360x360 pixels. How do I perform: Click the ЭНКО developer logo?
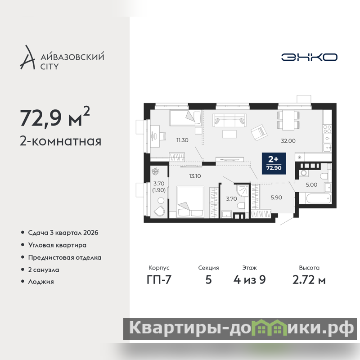pos(309,57)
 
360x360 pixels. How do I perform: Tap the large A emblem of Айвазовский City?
pos(28,58)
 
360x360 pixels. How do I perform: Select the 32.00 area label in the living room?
pos(288,141)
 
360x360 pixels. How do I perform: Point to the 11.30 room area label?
pos(182,140)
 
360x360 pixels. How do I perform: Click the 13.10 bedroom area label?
pos(195,176)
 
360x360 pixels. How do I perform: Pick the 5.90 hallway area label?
pos(276,198)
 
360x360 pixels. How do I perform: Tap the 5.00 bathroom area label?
pos(311,184)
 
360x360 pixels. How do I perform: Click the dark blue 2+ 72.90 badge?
pos(274,163)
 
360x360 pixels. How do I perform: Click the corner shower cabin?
pos(243,190)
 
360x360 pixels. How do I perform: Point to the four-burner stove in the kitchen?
pos(327,129)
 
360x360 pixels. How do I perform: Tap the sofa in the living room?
pos(229,121)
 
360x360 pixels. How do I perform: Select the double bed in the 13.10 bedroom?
pos(190,202)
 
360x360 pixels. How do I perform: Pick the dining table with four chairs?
pos(288,120)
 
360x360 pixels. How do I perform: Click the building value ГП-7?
pos(159,279)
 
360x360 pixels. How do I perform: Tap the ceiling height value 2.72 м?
pos(309,279)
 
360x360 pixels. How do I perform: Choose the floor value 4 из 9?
pos(250,279)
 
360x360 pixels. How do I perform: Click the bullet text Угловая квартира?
pos(57,245)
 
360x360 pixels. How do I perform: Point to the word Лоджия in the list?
pos(41,282)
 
